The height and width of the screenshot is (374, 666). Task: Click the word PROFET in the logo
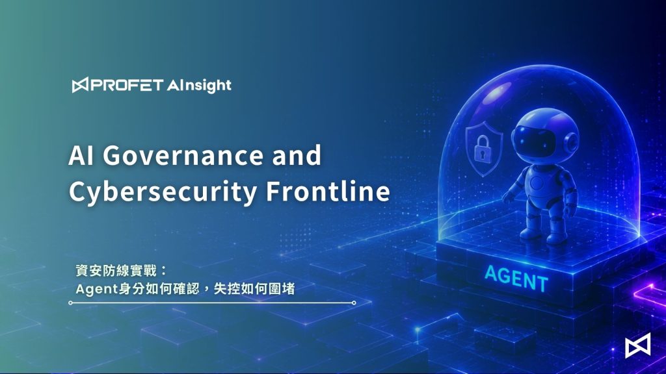tap(127, 85)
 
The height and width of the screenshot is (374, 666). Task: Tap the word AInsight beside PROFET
tap(199, 86)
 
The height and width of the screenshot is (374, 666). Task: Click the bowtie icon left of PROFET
tap(80, 85)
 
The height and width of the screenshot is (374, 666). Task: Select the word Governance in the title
tap(183, 155)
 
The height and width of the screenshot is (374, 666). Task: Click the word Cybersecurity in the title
tap(163, 192)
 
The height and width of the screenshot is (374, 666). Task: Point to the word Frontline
tap(328, 191)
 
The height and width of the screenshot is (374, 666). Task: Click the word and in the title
tap(297, 155)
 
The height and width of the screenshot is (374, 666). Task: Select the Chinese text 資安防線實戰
tap(116, 271)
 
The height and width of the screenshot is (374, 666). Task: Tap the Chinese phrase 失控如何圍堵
tap(254, 289)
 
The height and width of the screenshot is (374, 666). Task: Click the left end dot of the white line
tap(70, 303)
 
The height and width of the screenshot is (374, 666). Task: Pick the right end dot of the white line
tap(354, 303)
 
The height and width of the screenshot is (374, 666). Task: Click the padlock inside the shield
tap(482, 149)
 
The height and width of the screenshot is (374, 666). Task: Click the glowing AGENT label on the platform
tap(516, 279)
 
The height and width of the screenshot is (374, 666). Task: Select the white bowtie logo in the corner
tap(637, 345)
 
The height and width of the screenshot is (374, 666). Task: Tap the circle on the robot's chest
tap(537, 183)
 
